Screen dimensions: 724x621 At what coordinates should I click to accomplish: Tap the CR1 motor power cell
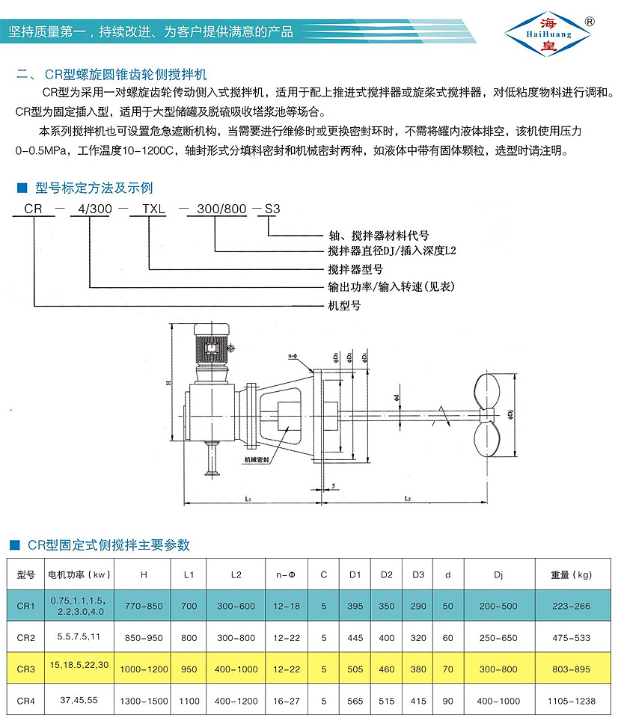(79, 606)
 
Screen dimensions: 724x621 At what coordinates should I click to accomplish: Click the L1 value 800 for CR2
(189, 638)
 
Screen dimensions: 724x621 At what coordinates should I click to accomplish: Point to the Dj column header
(498, 575)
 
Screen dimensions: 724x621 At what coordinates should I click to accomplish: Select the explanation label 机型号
(344, 305)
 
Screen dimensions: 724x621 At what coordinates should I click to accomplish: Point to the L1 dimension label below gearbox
(248, 497)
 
